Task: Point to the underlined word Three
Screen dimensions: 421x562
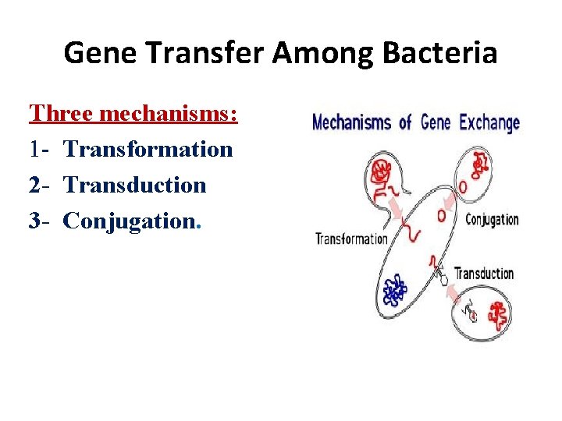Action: (66, 113)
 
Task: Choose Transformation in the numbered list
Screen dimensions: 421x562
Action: (148, 149)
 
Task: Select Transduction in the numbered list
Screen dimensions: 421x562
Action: (134, 185)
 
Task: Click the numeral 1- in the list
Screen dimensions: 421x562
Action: (40, 149)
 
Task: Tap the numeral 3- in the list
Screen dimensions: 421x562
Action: (40, 221)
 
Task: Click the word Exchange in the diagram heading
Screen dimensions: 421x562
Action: (489, 123)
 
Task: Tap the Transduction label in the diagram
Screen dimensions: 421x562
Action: (484, 274)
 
